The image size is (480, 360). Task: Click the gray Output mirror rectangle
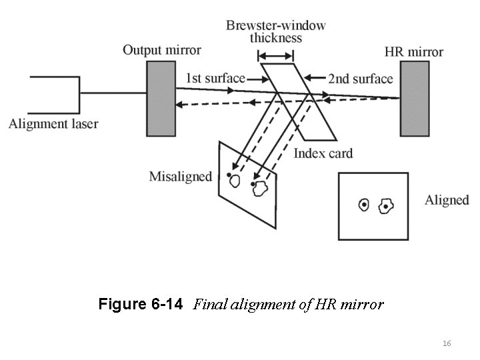point(161,97)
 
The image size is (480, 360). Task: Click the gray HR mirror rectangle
point(414,97)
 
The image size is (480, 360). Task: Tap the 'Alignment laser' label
point(53,123)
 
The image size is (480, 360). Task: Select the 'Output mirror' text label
point(161,50)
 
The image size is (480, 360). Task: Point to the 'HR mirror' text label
point(414,51)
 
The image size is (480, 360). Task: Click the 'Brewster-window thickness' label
point(276,31)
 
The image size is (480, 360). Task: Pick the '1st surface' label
point(215,78)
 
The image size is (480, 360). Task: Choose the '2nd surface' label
point(360,79)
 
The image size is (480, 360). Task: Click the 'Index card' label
point(323,153)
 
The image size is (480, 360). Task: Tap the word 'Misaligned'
point(180,177)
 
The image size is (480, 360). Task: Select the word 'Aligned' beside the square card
point(447,200)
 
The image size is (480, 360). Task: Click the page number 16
point(447,343)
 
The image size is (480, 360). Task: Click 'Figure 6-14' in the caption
point(140,305)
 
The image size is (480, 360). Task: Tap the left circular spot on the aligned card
point(363,205)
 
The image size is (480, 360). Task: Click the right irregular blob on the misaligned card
point(260,189)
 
